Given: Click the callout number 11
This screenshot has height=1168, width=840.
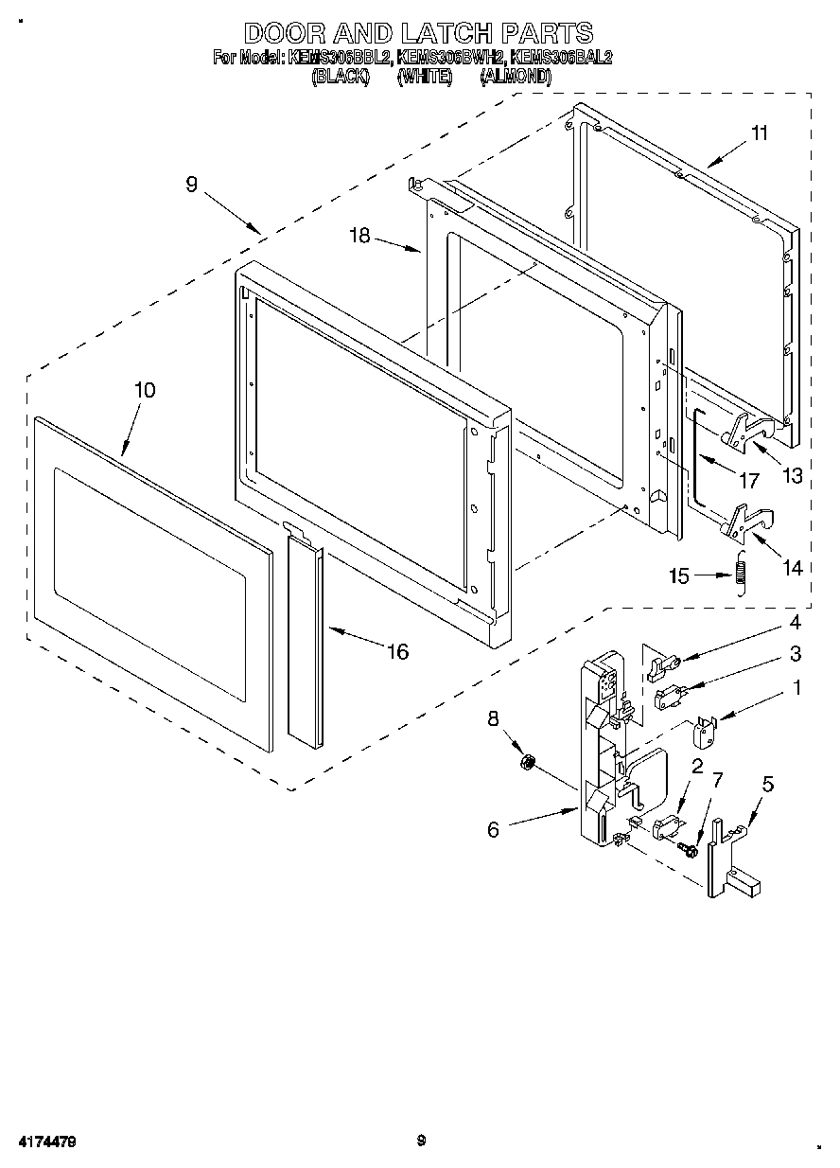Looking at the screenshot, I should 759,133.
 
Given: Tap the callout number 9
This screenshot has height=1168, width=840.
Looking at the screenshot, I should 191,186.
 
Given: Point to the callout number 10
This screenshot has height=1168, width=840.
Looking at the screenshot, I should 145,390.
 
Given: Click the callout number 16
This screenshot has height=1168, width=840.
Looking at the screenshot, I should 397,651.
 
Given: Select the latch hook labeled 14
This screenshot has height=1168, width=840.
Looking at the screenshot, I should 747,521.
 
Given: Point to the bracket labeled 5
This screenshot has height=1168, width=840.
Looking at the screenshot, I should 726,857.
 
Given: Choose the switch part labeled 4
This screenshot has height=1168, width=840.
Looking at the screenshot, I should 660,666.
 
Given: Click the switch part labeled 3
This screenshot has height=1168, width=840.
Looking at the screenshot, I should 666,698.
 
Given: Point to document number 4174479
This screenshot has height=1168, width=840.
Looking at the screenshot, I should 44,1142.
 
